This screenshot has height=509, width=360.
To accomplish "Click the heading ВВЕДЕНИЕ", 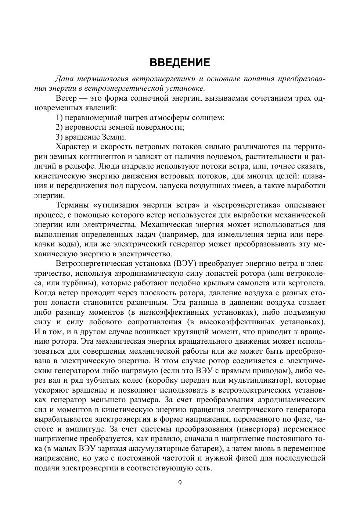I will pos(180,62).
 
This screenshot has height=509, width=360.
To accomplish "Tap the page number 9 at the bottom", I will pos(180,483).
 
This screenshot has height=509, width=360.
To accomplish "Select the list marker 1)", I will pos(60,118).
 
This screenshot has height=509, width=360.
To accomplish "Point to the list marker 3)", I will pos(60,137).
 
